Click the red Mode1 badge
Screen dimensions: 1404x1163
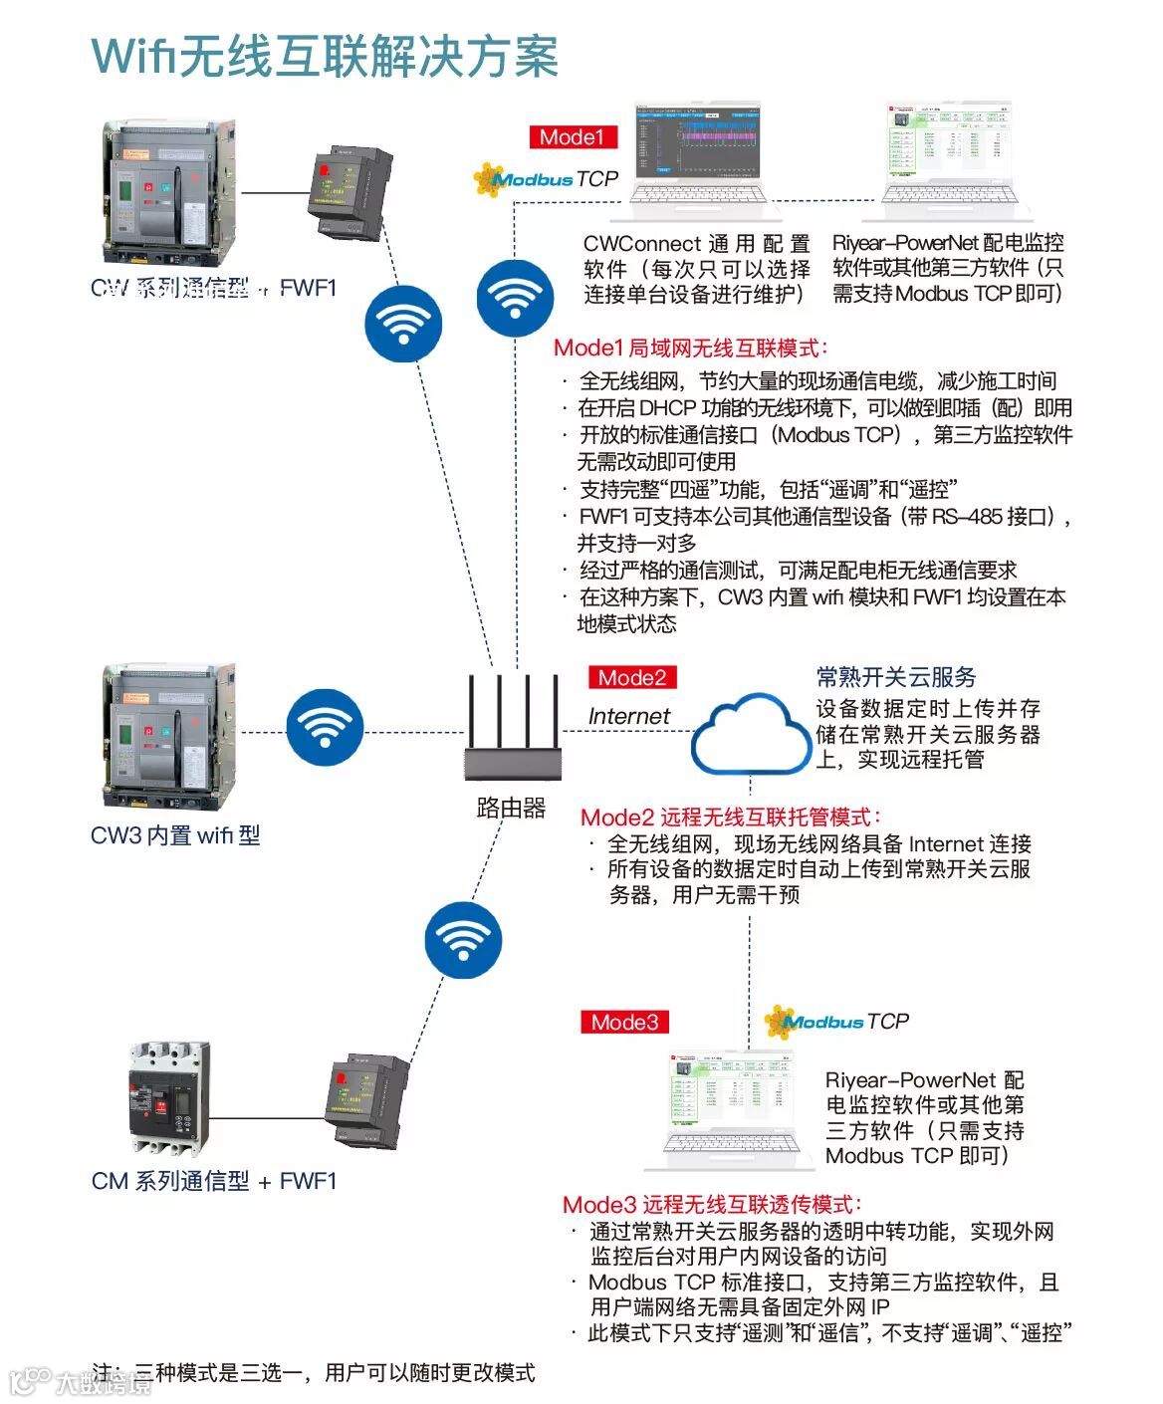tap(572, 137)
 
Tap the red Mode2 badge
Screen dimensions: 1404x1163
tap(631, 678)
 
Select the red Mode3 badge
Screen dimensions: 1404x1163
tap(624, 1023)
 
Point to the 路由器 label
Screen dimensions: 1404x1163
tap(512, 808)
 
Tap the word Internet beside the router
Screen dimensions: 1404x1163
tap(628, 716)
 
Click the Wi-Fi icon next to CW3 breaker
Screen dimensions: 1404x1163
tap(325, 731)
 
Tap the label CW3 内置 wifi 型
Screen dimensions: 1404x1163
tap(175, 835)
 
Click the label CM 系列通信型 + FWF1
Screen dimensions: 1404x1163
tap(214, 1182)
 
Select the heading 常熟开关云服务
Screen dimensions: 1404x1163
tap(896, 678)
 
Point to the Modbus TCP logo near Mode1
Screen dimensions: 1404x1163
tap(546, 179)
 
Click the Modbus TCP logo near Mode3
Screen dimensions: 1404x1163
tap(836, 1022)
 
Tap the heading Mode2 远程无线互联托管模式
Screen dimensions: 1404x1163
tap(731, 818)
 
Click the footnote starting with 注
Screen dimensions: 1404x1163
tap(314, 1373)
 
